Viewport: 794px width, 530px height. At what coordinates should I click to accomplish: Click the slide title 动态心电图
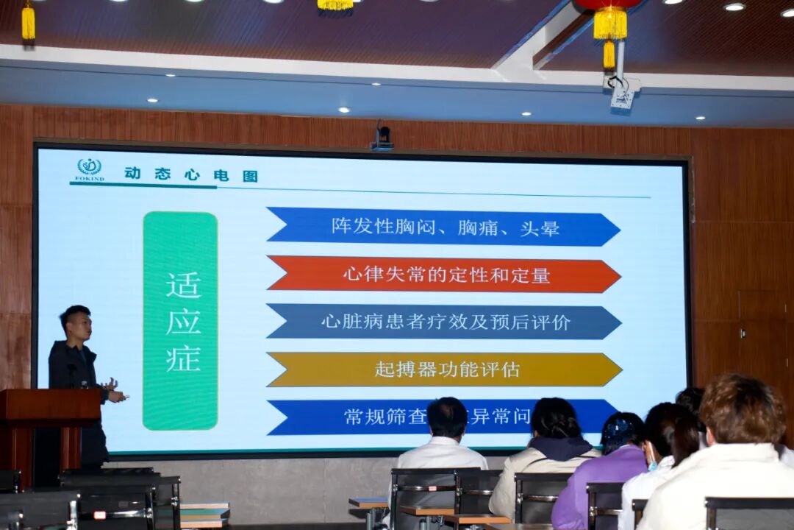190,175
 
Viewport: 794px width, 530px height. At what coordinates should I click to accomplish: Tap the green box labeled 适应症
180,320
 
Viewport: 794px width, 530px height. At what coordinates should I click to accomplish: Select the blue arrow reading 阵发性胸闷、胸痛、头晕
444,227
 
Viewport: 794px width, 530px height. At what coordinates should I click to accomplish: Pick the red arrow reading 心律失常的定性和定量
444,275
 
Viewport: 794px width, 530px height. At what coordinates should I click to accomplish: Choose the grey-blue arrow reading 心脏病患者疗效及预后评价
444,322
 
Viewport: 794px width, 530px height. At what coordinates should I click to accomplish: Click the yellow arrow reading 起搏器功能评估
444,370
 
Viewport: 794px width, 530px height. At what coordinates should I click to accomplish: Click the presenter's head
76,323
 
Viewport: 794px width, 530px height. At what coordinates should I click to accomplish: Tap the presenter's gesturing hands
112,389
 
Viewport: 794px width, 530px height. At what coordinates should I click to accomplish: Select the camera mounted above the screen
382,136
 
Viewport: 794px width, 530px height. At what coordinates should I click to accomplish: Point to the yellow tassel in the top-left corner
28,22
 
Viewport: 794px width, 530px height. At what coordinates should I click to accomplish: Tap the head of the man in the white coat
447,418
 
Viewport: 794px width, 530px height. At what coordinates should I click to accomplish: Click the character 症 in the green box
182,358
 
